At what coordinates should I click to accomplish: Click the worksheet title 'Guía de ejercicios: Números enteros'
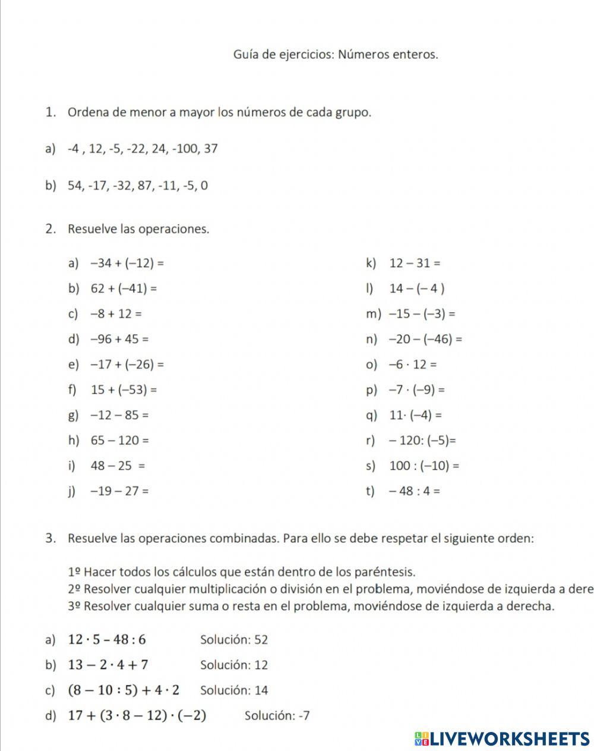tap(336, 55)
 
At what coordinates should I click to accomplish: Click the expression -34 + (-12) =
tap(127, 263)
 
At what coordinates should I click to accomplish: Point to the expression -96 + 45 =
tap(119, 340)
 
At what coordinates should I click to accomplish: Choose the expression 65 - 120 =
tap(119, 441)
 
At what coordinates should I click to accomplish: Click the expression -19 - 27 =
tap(119, 491)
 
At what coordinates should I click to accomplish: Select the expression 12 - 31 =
tap(415, 263)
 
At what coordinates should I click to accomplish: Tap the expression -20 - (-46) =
tap(425, 340)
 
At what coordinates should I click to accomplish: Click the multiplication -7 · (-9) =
tap(417, 390)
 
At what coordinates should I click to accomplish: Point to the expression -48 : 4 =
tap(415, 491)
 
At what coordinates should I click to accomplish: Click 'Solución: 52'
tap(234, 640)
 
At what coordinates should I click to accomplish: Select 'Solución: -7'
tap(277, 715)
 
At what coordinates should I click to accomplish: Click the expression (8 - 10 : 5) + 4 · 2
tap(124, 690)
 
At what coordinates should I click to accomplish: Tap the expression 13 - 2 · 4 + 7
tap(108, 665)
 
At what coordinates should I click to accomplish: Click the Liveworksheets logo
tap(502, 739)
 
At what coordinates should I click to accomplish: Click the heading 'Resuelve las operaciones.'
tap(138, 229)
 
